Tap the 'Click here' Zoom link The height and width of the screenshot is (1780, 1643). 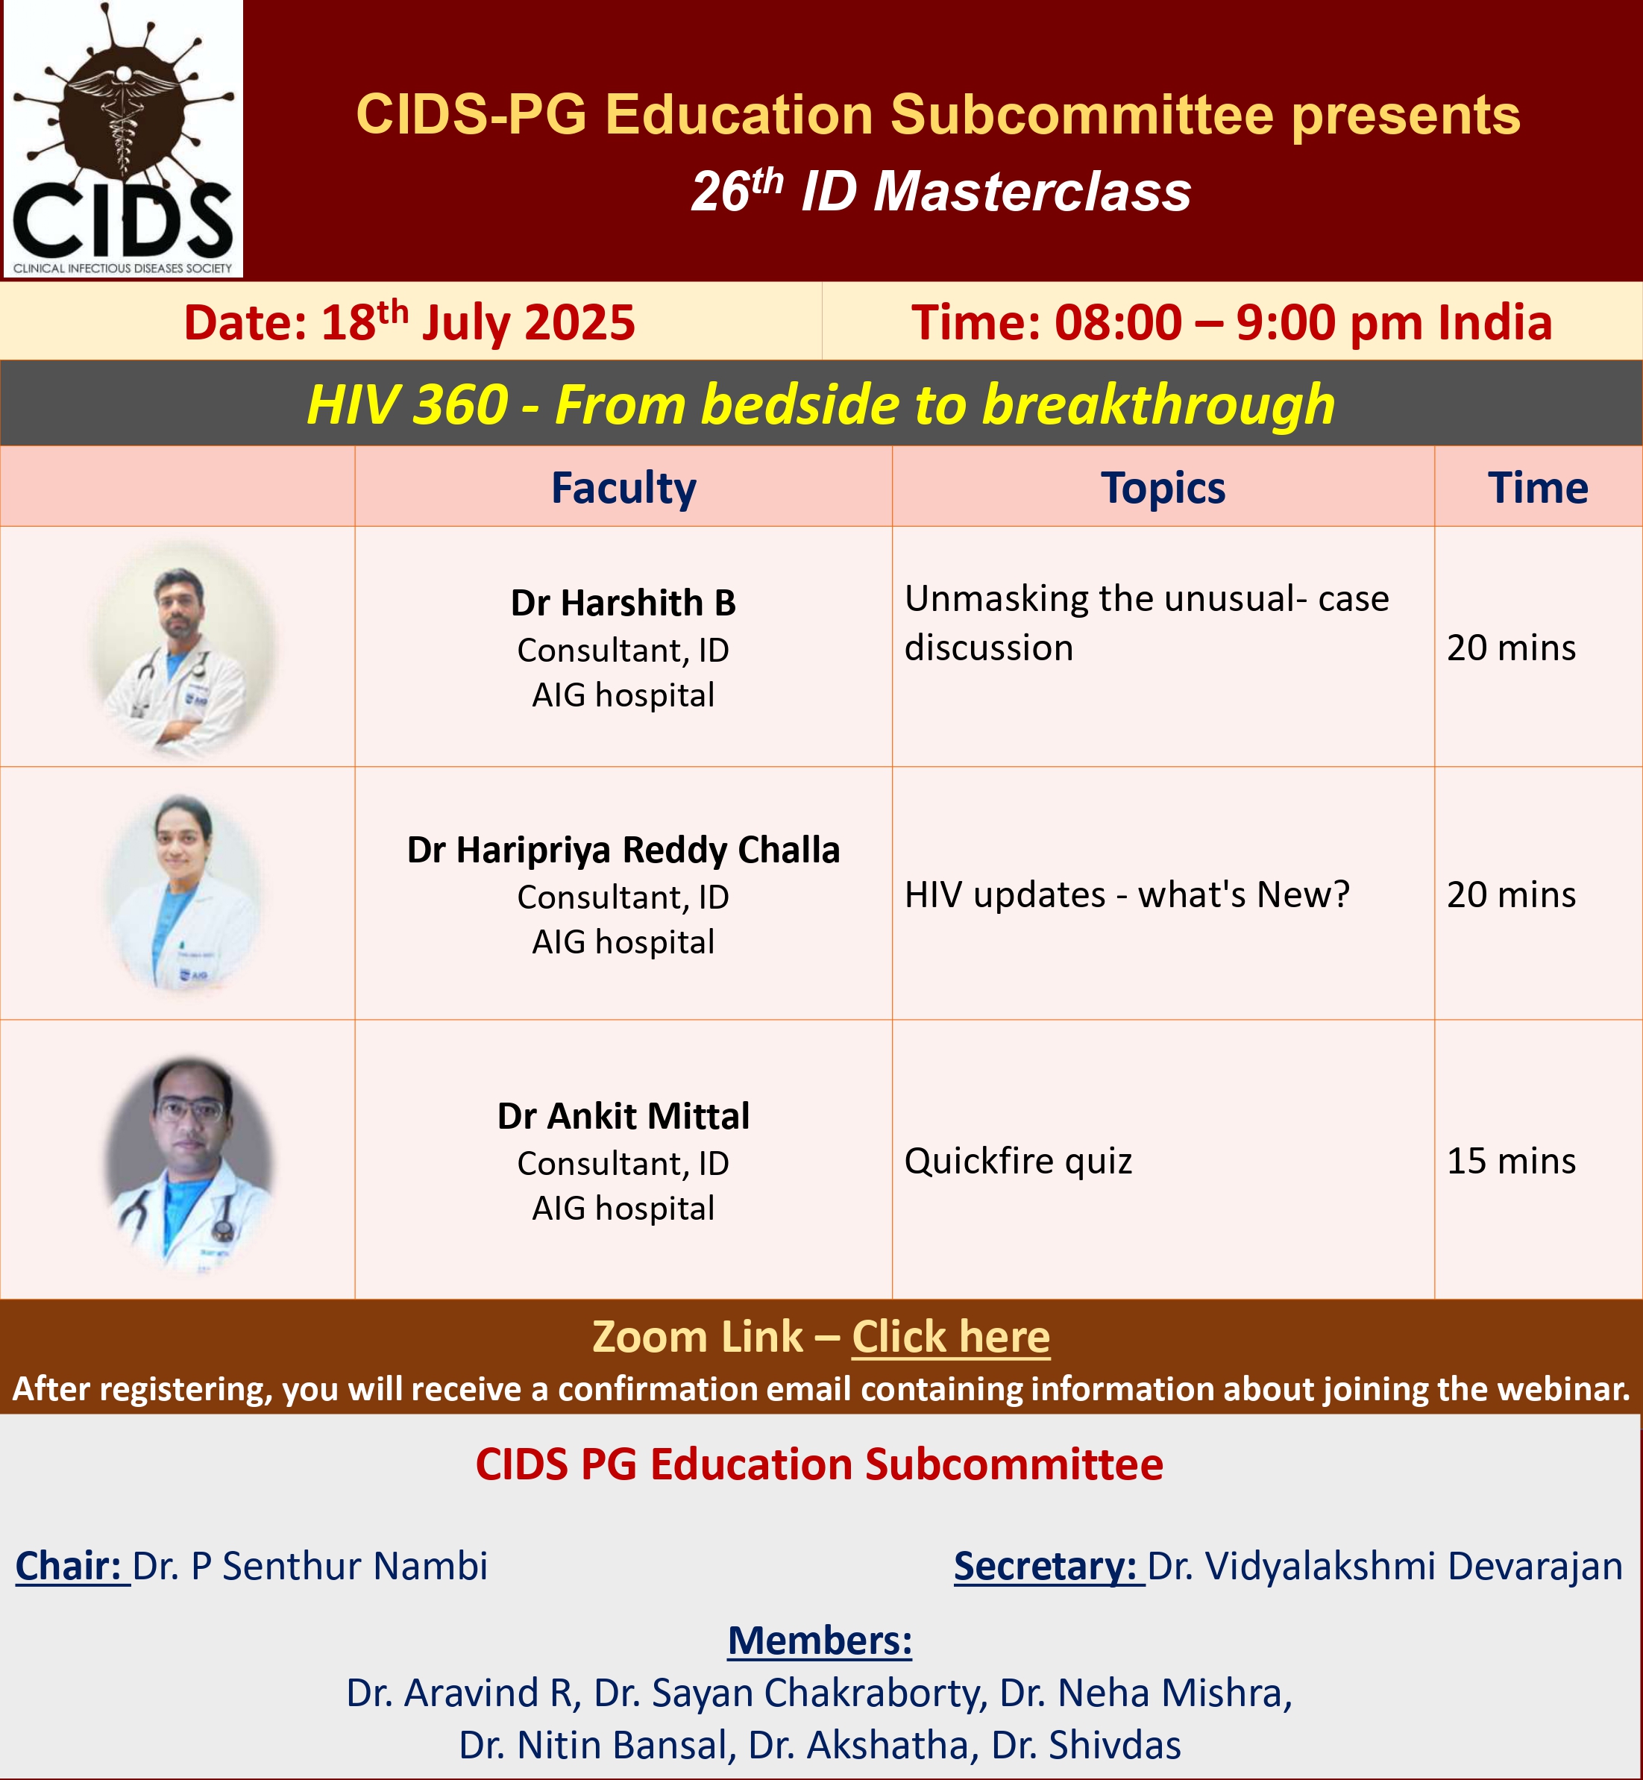[950, 1336]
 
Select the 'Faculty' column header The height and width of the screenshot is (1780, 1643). [623, 488]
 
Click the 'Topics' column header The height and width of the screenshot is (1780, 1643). [1163, 488]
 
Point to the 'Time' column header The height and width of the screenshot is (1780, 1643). [1537, 487]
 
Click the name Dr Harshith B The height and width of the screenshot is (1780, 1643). [623, 603]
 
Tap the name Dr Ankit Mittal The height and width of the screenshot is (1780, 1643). [623, 1116]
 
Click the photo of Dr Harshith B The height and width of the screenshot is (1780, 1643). [183, 649]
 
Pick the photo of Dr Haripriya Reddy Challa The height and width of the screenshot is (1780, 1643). [183, 894]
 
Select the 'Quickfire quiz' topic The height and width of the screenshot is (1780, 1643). [1018, 1162]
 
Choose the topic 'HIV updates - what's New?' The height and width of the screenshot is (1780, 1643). [1126, 894]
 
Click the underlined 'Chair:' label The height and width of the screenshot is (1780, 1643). [72, 1566]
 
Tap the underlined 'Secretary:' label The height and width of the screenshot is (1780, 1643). [1049, 1566]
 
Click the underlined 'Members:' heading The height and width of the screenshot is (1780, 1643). [820, 1640]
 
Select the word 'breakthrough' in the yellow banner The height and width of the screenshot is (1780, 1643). [1158, 404]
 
